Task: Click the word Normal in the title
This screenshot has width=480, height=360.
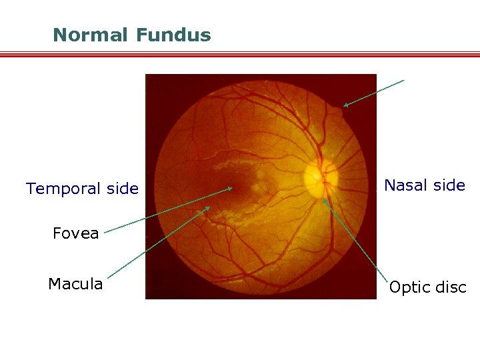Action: click(89, 35)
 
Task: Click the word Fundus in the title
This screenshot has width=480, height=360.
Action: click(173, 35)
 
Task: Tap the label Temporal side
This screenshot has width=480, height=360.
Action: click(83, 189)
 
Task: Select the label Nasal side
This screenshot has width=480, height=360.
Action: click(425, 185)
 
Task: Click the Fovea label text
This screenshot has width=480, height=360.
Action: click(76, 233)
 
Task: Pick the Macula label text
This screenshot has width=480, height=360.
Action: click(75, 284)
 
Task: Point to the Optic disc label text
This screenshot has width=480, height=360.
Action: click(427, 287)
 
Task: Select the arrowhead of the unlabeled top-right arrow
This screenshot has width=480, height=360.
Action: click(344, 105)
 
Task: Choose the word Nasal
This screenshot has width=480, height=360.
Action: click(405, 185)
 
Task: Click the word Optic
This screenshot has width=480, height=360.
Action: click(407, 287)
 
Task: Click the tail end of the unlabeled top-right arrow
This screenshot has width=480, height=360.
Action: click(403, 81)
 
